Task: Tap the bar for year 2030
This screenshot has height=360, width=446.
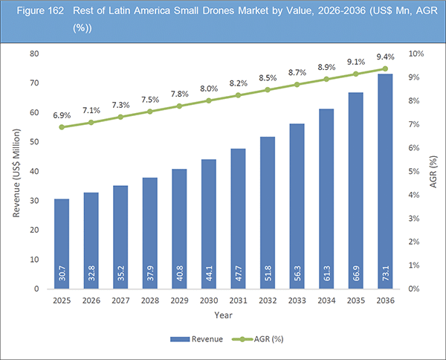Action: (x=208, y=223)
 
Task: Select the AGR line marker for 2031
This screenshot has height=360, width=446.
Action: (x=238, y=95)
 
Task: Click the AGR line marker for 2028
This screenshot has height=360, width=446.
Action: (x=149, y=112)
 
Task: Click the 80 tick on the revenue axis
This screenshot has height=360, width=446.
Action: (x=34, y=54)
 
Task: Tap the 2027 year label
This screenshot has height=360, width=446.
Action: (x=120, y=301)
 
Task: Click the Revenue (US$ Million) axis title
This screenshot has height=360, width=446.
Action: (x=15, y=171)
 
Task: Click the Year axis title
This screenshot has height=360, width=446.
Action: (x=223, y=315)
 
